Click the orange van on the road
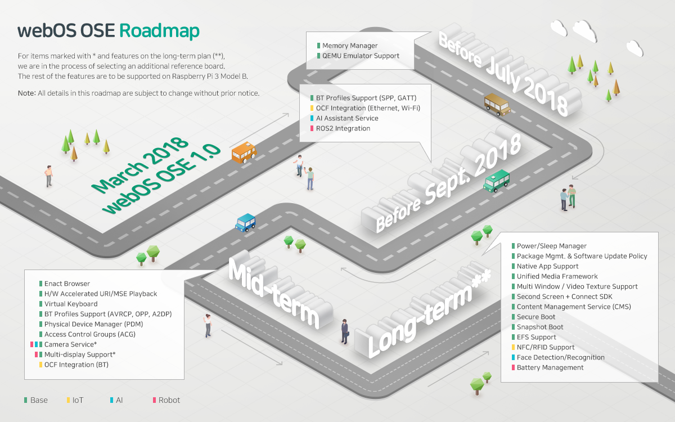point(244,152)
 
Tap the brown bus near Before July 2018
point(497,104)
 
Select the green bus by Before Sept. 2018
point(496,181)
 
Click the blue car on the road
point(246,222)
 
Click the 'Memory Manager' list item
point(350,46)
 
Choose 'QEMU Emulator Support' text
point(361,56)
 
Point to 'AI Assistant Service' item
point(347,118)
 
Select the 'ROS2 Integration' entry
point(343,128)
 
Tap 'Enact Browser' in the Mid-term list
point(67,284)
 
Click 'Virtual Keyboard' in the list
point(71,304)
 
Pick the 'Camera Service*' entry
point(70,344)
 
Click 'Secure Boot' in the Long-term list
point(536,317)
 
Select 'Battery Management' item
point(550,367)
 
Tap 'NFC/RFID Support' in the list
point(546,347)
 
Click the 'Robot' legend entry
point(169,400)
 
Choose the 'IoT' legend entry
point(78,400)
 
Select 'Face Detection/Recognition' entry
point(561,357)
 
